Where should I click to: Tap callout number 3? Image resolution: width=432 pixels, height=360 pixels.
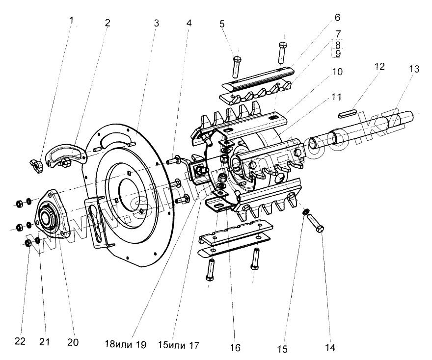point(156,23)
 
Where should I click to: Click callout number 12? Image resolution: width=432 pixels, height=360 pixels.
point(380,66)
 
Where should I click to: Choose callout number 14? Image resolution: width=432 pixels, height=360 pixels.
point(330,348)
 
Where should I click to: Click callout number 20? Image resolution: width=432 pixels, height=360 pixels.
point(73,342)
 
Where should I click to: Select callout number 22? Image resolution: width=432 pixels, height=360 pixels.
point(20,342)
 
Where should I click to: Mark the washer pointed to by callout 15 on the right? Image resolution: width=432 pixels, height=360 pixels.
point(305,212)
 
